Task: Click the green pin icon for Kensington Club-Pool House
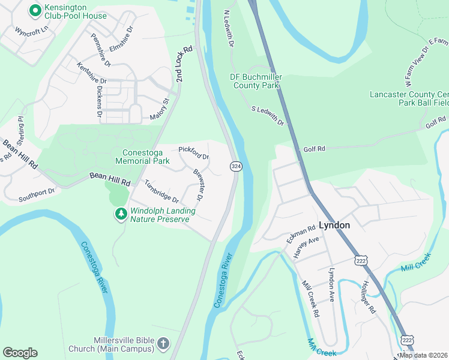click(x=35, y=10)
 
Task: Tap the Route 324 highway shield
click(x=236, y=166)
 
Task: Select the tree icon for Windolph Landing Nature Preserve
click(x=121, y=214)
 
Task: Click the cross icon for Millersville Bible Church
click(x=163, y=344)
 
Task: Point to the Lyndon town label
click(x=334, y=226)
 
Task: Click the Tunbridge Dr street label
click(x=160, y=191)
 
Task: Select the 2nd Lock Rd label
click(x=184, y=64)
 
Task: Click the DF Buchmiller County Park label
click(x=255, y=81)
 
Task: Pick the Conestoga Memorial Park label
click(x=154, y=157)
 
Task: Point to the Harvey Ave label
click(x=306, y=248)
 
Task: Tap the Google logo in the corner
click(x=20, y=353)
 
